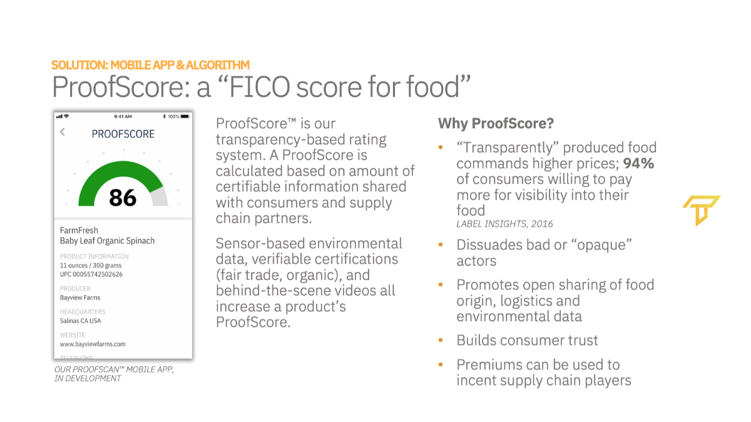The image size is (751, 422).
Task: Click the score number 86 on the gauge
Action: [123, 197]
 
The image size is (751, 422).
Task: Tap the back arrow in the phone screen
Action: [63, 132]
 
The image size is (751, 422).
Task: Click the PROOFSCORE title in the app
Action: [123, 134]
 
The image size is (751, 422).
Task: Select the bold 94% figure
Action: [638, 163]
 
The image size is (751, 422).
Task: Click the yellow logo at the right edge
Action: [701, 210]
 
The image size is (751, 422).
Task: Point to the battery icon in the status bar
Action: [185, 116]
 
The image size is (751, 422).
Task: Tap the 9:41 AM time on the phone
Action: [123, 116]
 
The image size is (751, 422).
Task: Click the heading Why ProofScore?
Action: [496, 123]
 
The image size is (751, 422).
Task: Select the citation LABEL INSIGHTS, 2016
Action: [504, 224]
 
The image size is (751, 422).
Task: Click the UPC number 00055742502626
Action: [91, 274]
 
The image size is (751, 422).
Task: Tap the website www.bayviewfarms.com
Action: [93, 344]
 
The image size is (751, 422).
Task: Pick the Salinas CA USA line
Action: [80, 321]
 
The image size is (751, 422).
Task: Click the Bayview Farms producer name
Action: [80, 297]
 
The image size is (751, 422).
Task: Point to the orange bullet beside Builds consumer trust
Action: [441, 340]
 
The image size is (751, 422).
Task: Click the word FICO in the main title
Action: [259, 87]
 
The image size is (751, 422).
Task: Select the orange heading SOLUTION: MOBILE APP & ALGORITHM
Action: [151, 64]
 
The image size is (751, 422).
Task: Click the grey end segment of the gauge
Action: [159, 196]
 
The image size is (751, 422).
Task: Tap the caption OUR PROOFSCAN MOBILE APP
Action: [115, 369]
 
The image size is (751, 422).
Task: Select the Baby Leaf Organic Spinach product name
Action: [107, 241]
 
